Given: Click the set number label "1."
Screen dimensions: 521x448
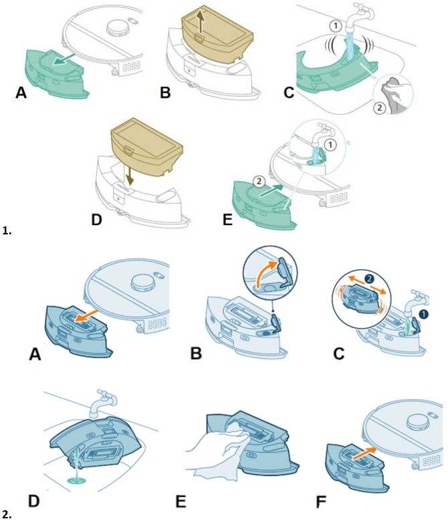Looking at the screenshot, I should (7, 231).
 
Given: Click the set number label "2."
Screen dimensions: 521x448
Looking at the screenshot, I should (7, 514).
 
